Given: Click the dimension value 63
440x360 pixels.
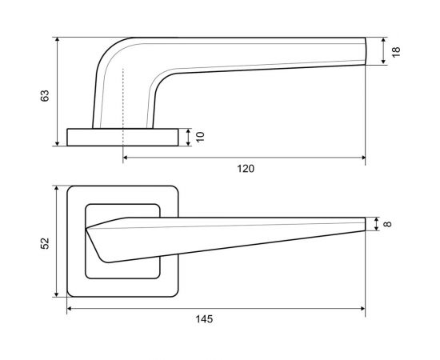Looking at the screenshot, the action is (x=45, y=96).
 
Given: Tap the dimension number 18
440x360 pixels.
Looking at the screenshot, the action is (x=396, y=52).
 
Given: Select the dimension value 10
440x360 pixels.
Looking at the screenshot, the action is (x=200, y=137).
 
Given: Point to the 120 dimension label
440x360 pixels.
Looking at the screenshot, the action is (x=246, y=169).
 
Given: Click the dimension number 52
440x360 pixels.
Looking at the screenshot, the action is (x=45, y=243).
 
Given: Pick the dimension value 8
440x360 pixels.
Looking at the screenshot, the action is (x=387, y=224).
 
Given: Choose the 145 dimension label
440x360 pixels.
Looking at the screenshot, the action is (x=204, y=319).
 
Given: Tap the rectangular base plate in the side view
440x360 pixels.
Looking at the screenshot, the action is (x=122, y=138).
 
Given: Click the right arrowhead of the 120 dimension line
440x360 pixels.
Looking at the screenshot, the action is (x=363, y=158).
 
